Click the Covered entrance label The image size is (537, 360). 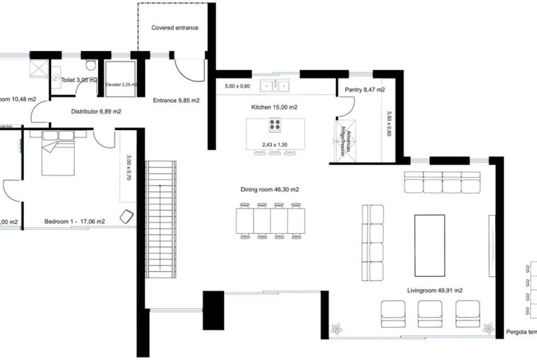(174, 28)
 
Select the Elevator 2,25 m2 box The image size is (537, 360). (120, 79)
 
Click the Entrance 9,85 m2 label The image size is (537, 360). (176, 100)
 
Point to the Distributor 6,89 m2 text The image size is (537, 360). (96, 111)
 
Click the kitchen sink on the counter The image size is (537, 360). (275, 85)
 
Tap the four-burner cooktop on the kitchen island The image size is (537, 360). (275, 124)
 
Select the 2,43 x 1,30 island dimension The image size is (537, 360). (275, 145)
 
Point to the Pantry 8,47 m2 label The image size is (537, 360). (365, 90)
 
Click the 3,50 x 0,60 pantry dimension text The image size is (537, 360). (389, 124)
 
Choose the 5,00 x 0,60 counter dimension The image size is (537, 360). (238, 86)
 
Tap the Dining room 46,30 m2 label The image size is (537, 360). (270, 189)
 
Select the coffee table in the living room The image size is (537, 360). (429, 245)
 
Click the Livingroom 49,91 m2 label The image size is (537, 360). (435, 291)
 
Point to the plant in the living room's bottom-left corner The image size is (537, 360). (337, 328)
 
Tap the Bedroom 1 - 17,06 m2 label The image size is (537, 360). (75, 222)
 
